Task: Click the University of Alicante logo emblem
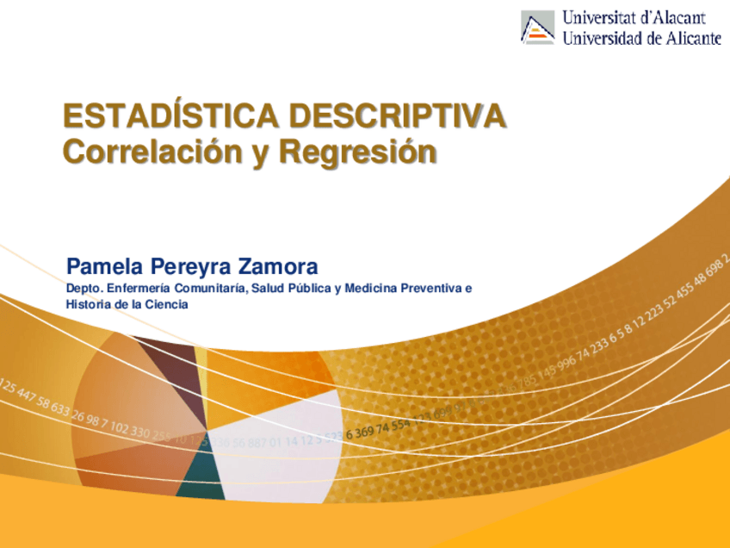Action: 537,27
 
